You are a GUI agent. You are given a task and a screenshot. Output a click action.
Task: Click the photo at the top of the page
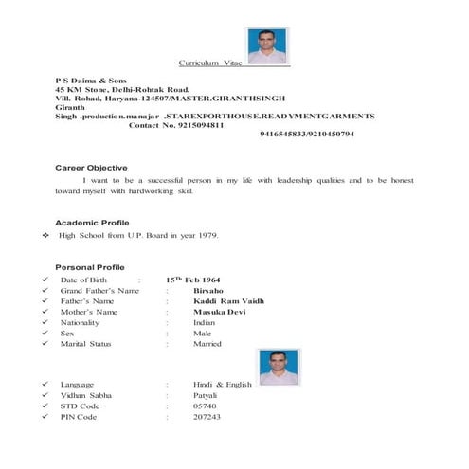(267, 45)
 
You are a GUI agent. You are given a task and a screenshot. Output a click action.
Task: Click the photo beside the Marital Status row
(280, 366)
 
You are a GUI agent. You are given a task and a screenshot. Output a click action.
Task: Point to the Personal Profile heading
(90, 267)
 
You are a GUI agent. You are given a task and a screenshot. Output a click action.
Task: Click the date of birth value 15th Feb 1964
(191, 280)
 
